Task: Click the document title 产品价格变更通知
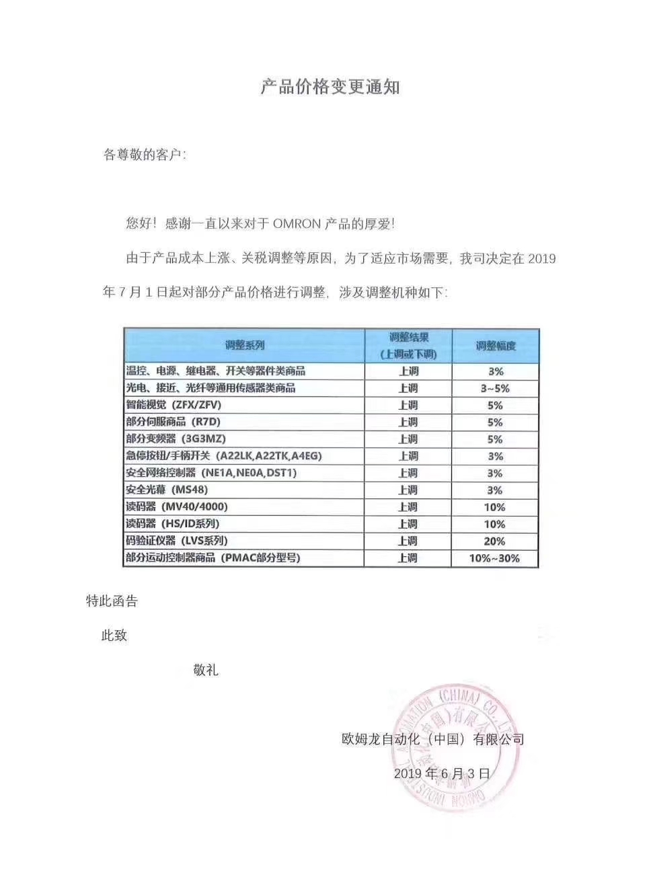330,87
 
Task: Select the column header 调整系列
244,346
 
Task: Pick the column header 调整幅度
496,346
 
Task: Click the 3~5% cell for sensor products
495,389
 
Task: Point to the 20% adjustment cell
494,541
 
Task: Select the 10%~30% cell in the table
494,558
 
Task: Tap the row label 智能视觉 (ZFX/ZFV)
174,405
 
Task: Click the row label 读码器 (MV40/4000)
177,507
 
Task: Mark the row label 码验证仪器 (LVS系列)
177,541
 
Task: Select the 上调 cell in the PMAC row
408,558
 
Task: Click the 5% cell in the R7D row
495,422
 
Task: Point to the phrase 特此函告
112,601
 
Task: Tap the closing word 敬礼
205,670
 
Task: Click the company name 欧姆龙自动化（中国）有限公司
433,740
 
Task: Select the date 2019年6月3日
442,773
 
